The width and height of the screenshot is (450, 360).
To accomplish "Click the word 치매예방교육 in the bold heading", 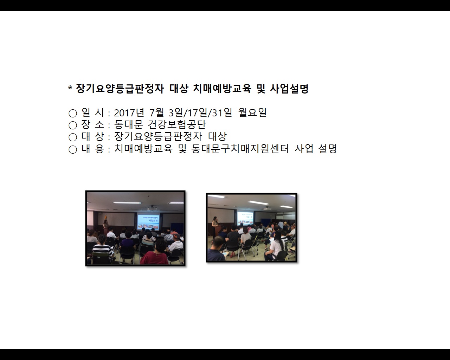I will (x=222, y=89).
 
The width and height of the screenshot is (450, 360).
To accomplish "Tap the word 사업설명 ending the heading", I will (x=289, y=89).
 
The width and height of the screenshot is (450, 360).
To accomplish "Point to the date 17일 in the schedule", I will (x=197, y=113).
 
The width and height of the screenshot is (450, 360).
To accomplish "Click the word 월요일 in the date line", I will (x=252, y=113).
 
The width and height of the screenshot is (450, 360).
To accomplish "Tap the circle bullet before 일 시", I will (x=73, y=113).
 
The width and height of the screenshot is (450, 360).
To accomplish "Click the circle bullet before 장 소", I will (x=73, y=125).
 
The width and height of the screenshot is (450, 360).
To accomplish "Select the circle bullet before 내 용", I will (x=73, y=149).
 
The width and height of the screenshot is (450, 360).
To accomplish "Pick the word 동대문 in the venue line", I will (x=128, y=125).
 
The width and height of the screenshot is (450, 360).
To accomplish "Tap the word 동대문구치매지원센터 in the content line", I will (x=240, y=149).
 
